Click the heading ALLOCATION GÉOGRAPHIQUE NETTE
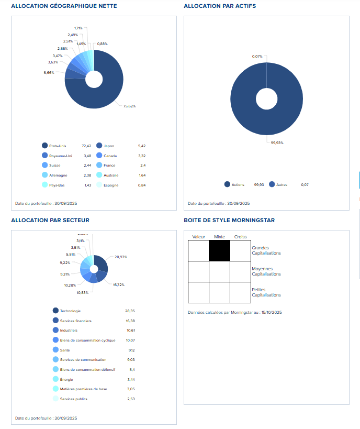(64, 6)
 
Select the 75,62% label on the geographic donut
(129, 106)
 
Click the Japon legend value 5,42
(142, 146)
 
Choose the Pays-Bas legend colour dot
(44, 185)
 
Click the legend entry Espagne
(111, 185)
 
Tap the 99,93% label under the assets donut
(277, 142)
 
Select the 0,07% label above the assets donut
(257, 56)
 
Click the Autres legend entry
(282, 184)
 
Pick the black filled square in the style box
(219, 250)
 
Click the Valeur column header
(199, 237)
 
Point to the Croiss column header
(240, 237)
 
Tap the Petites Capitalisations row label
(266, 292)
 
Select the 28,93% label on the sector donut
(120, 257)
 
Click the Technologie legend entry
(70, 311)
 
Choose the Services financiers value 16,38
(130, 321)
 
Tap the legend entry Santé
(65, 350)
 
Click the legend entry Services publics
(73, 399)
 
